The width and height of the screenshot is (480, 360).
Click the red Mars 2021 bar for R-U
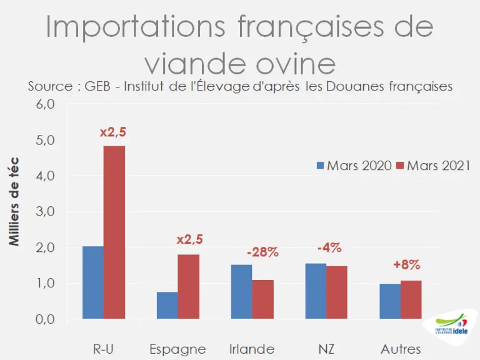[114, 232]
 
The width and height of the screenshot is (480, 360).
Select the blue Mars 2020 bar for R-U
[93, 282]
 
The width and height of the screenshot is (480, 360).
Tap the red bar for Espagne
[189, 286]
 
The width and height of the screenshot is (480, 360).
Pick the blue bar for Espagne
[167, 305]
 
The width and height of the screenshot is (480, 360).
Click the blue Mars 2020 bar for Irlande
[241, 292]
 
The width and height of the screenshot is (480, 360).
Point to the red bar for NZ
[337, 292]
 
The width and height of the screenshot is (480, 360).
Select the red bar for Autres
[411, 300]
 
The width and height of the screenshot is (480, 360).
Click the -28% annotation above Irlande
[262, 252]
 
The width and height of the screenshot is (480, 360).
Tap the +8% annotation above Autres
[406, 265]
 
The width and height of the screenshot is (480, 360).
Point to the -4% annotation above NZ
[329, 247]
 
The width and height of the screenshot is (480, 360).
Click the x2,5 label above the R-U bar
[113, 132]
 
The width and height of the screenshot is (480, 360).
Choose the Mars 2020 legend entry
[354, 166]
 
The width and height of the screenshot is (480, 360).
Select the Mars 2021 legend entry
[433, 166]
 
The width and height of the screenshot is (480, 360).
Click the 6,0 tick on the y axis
[45, 104]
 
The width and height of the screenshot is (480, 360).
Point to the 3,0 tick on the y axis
[45, 211]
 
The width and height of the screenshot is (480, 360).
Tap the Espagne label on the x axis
[178, 349]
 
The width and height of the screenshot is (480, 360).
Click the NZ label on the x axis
[326, 349]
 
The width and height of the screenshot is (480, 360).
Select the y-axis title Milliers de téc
[14, 201]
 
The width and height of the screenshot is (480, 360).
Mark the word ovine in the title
[296, 64]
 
